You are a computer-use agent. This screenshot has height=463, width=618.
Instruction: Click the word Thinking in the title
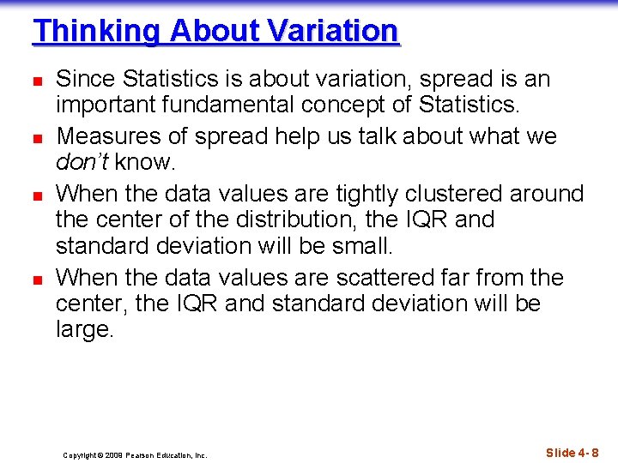coord(97,32)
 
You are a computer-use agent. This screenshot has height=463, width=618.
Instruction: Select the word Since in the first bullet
coord(86,80)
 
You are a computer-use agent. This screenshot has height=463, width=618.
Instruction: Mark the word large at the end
coord(84,330)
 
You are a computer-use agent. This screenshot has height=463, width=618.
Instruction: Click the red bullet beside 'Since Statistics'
coord(37,81)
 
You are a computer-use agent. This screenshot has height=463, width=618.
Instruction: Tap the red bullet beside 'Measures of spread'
coord(37,137)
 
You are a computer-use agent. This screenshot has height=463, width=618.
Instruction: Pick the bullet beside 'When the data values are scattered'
coord(37,279)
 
